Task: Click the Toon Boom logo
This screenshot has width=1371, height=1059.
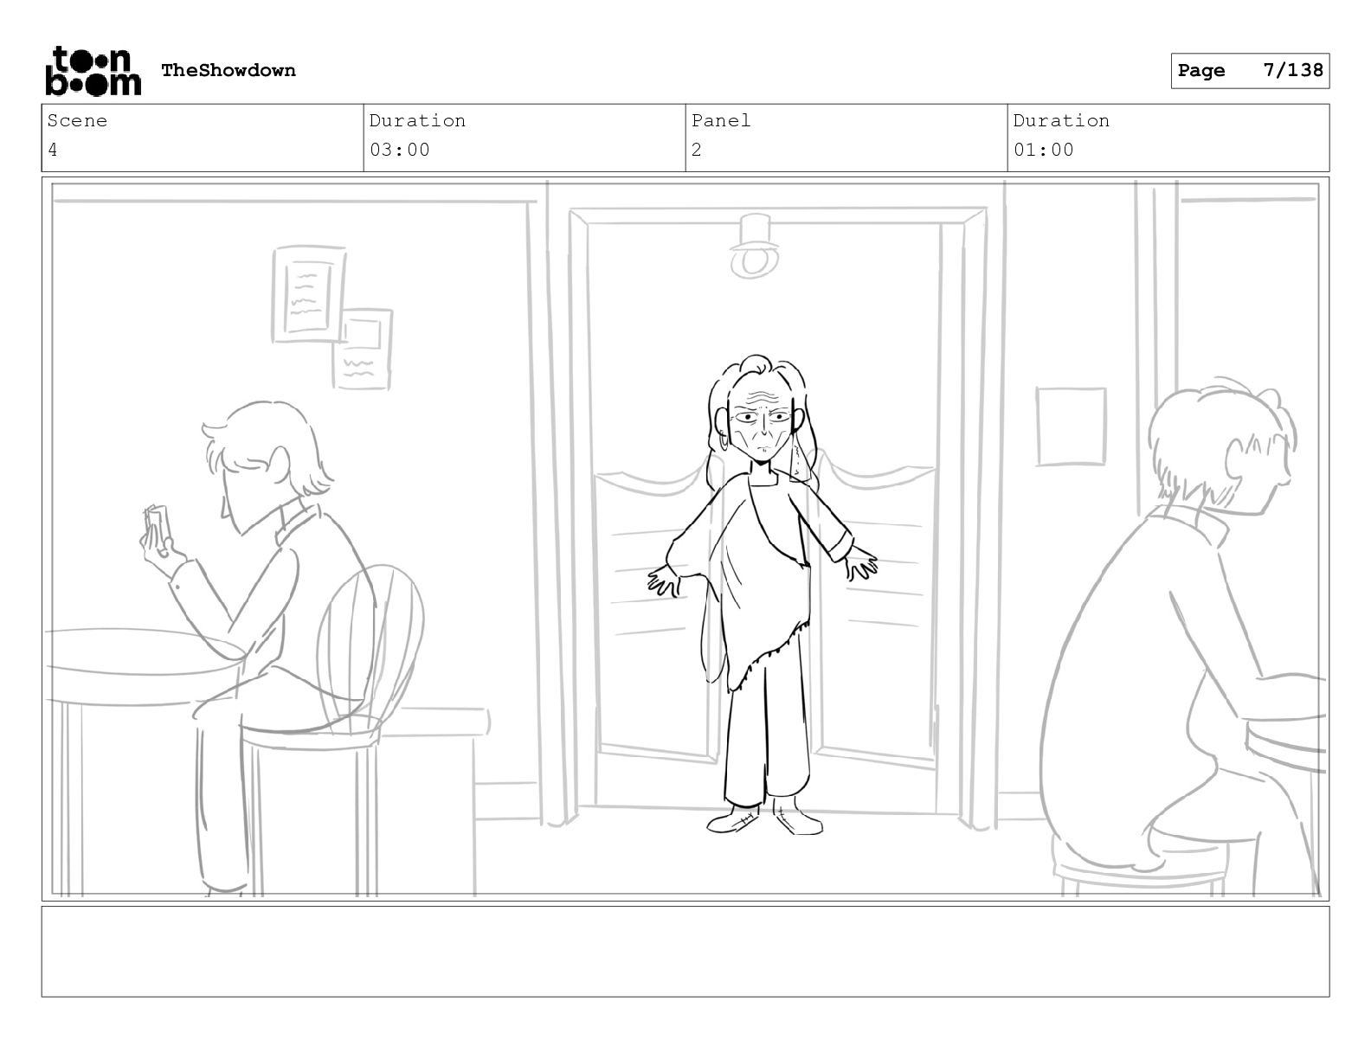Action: pos(93,71)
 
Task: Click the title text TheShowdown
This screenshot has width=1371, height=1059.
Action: pos(228,70)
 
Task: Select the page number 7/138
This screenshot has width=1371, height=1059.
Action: pos(1293,70)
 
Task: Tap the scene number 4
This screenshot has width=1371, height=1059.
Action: pos(53,151)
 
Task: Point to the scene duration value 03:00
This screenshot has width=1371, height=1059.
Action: pos(399,151)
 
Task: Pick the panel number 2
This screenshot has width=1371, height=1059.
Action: pos(697,151)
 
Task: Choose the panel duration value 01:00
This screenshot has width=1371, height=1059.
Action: pos(1044,151)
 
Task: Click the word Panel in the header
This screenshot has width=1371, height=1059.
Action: pos(721,120)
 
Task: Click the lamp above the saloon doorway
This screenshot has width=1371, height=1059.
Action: pos(754,247)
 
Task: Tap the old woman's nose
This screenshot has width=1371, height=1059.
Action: pos(764,430)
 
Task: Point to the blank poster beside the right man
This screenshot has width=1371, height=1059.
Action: pos(1072,427)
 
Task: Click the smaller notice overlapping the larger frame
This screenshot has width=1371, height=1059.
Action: pos(363,349)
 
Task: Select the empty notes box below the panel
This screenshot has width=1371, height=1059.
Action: pos(685,952)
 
